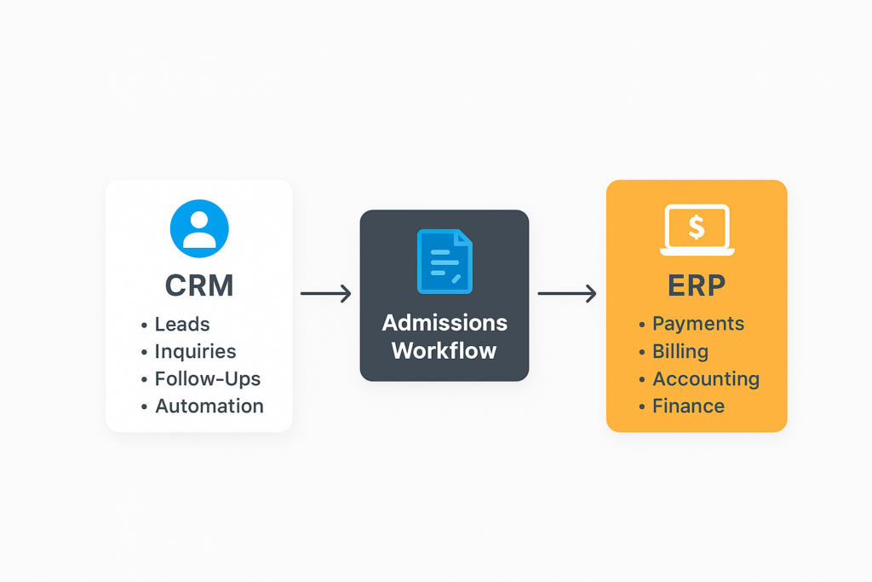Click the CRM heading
[198, 285]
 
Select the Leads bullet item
[181, 324]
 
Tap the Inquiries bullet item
[195, 351]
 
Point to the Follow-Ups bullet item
[207, 378]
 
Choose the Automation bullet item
[209, 406]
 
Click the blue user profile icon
[199, 228]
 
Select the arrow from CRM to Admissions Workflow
[326, 294]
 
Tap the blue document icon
[444, 262]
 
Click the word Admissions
[445, 323]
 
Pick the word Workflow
[444, 350]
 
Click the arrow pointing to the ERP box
[566, 294]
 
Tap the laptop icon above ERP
[697, 230]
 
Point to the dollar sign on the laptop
[697, 226]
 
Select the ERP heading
[697, 285]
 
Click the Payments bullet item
[697, 324]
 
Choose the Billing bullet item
[680, 351]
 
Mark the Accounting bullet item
[705, 378]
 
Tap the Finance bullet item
[688, 406]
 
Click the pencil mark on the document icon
[456, 278]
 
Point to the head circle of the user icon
[199, 219]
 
